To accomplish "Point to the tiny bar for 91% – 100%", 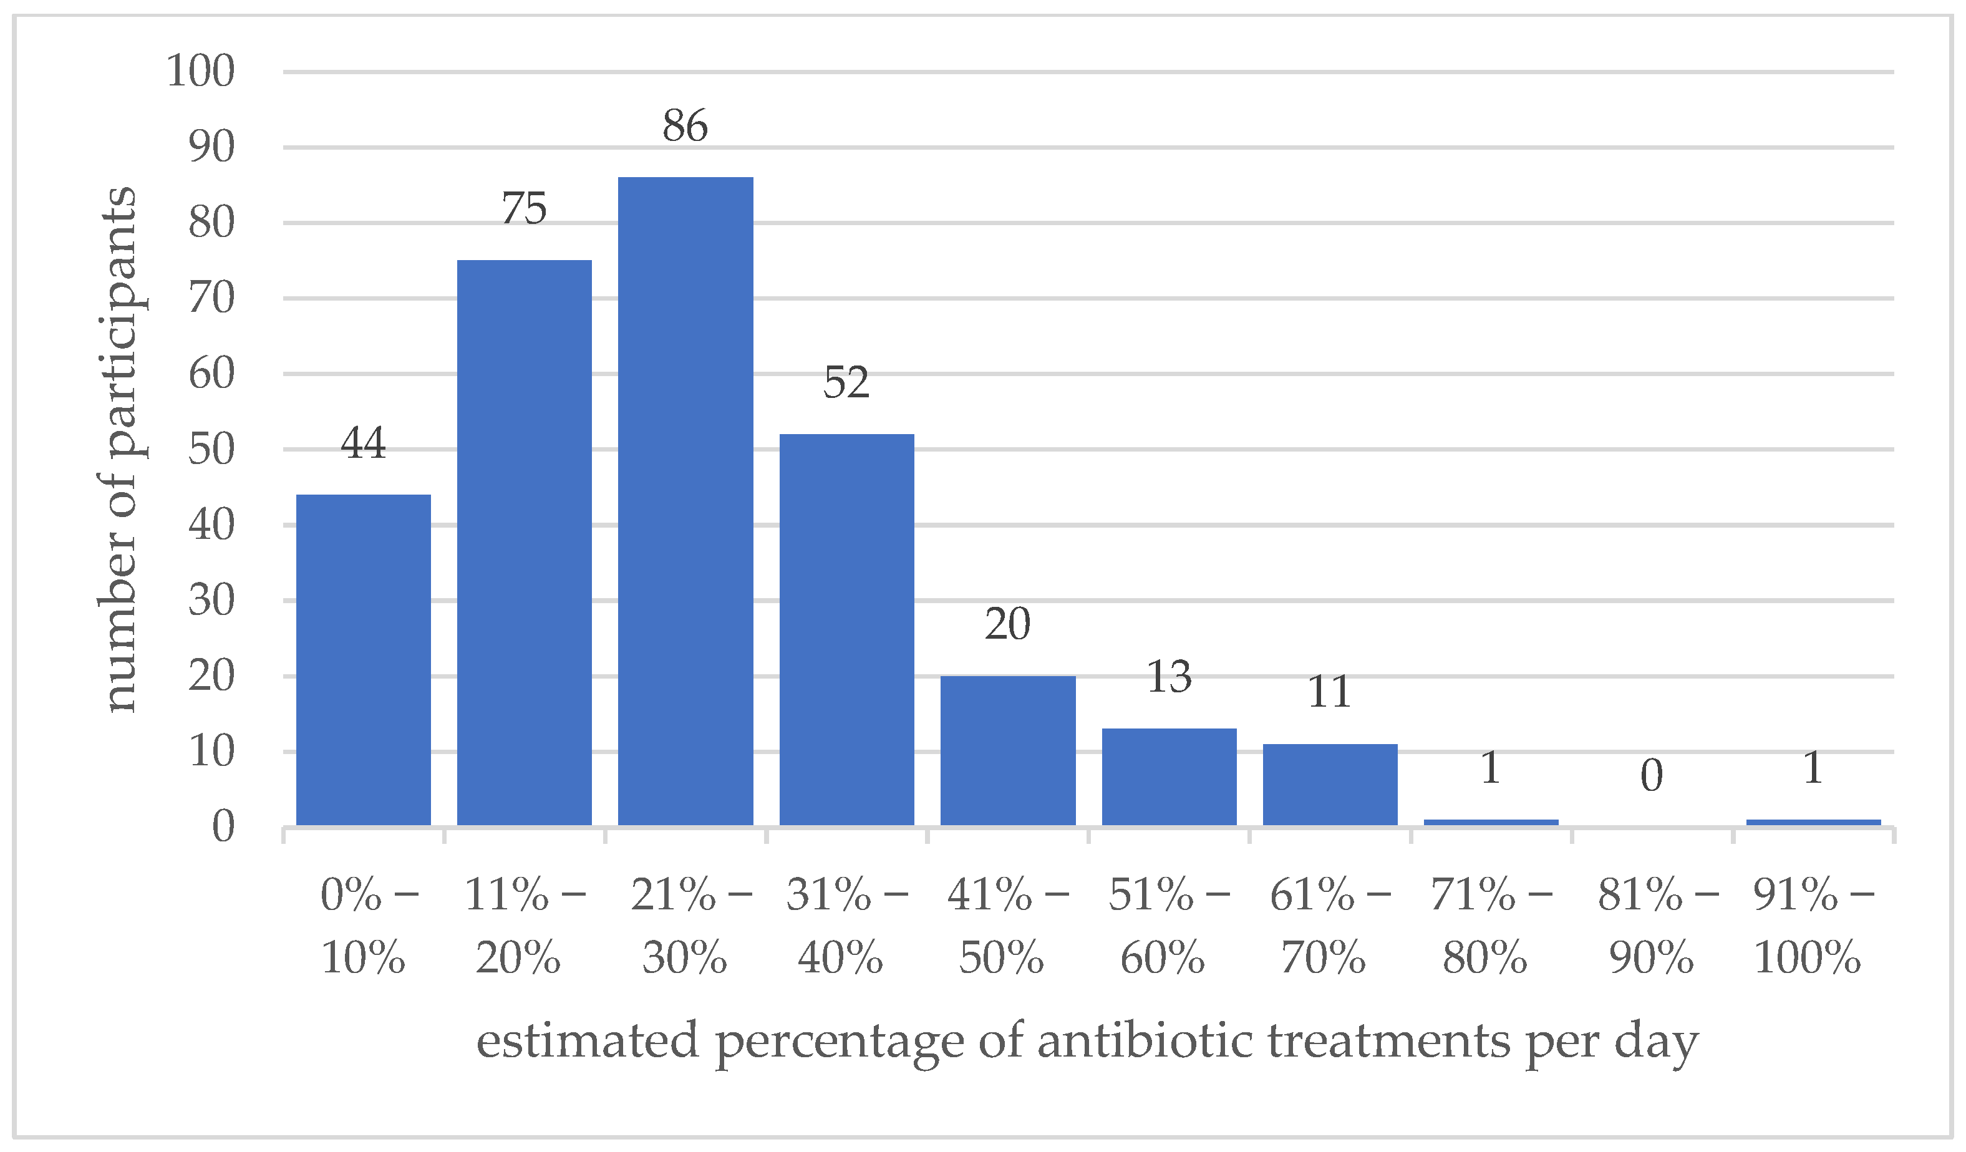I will pos(1813,822).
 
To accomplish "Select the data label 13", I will pos(1169,677).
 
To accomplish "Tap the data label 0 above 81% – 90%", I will pos(1652,776).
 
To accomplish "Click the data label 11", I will pos(1329,692).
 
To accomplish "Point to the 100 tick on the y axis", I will pos(200,72).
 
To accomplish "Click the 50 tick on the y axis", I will pos(211,450).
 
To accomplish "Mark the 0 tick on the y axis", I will pos(223,827).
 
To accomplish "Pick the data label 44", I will pos(363,444).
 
